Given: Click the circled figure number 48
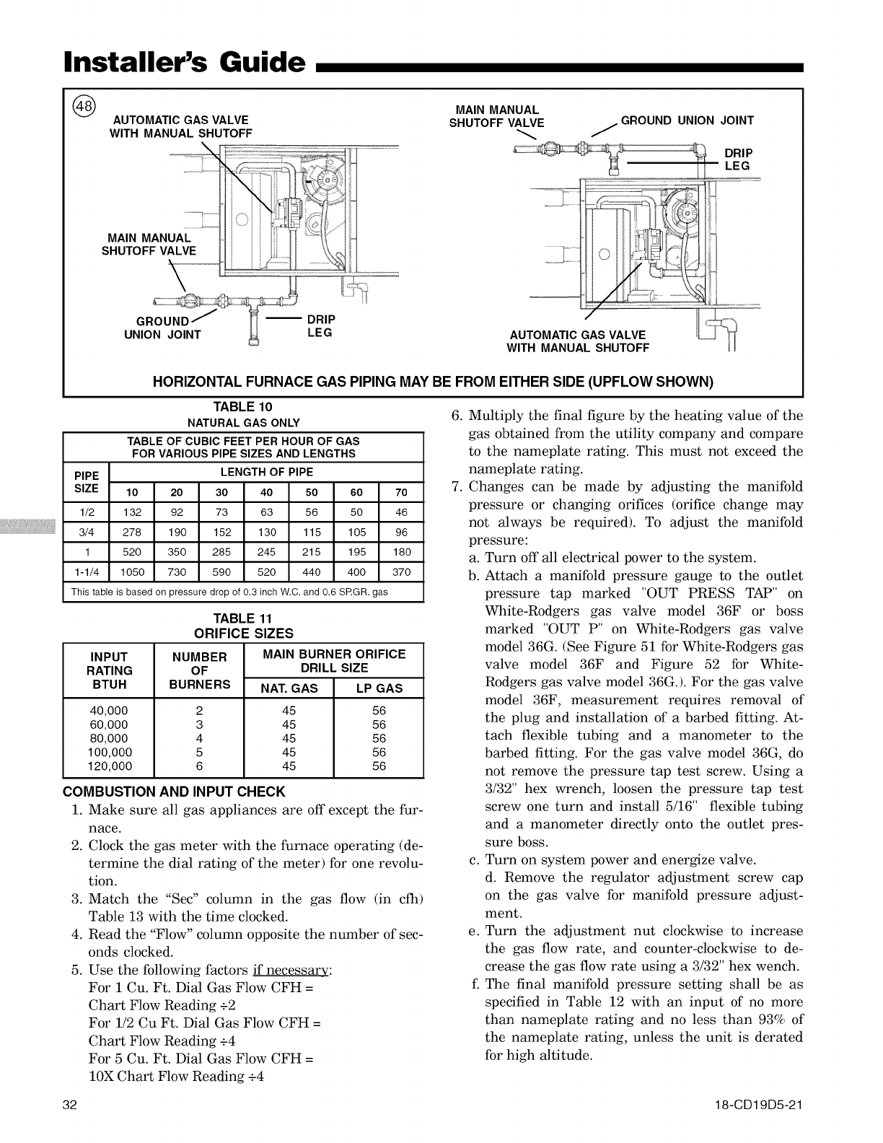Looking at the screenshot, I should [x=85, y=105].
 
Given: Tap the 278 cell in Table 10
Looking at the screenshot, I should [x=131, y=533].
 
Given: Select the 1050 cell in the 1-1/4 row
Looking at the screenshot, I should [x=131, y=572].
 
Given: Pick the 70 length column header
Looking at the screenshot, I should [x=401, y=493].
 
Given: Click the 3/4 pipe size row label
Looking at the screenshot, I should [x=86, y=533].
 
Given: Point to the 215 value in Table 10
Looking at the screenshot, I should [x=312, y=552].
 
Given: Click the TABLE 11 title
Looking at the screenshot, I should [x=243, y=618].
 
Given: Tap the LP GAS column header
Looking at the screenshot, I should [x=379, y=688].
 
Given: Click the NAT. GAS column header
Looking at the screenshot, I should [x=289, y=688].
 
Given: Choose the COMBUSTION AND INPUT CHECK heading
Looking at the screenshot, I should [x=175, y=791].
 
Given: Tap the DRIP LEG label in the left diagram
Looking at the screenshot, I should [x=321, y=326].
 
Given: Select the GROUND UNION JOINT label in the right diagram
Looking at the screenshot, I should [x=687, y=121].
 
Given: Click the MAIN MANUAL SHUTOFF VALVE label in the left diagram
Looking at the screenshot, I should [x=149, y=245].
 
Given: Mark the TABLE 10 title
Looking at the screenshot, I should [x=243, y=408].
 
